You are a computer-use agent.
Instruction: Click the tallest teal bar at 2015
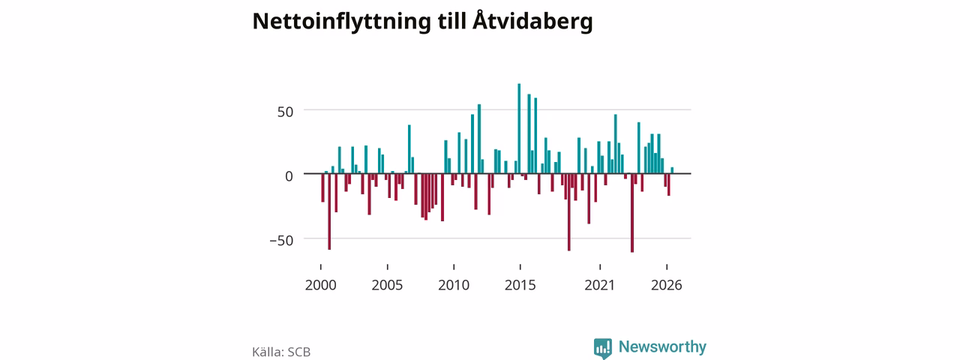point(519,128)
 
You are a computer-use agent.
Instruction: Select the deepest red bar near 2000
point(329,211)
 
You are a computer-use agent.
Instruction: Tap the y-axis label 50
point(286,112)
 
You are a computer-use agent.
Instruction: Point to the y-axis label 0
point(289,176)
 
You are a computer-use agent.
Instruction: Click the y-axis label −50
point(281,241)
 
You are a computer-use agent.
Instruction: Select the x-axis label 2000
point(320,285)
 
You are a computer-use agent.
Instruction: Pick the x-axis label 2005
point(387,285)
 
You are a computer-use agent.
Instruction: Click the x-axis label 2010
point(454,285)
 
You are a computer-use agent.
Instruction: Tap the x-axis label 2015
point(520,285)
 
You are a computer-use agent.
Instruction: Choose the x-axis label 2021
point(599,285)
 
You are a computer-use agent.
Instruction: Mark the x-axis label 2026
point(667,285)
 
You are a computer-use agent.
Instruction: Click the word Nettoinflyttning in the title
point(341,22)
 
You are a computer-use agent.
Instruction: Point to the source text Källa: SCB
point(281,352)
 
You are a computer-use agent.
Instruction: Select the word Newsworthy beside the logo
point(662,346)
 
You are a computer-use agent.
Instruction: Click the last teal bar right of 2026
point(672,170)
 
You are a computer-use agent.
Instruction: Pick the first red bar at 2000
point(322,187)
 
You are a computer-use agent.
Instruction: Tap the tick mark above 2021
point(600,267)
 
